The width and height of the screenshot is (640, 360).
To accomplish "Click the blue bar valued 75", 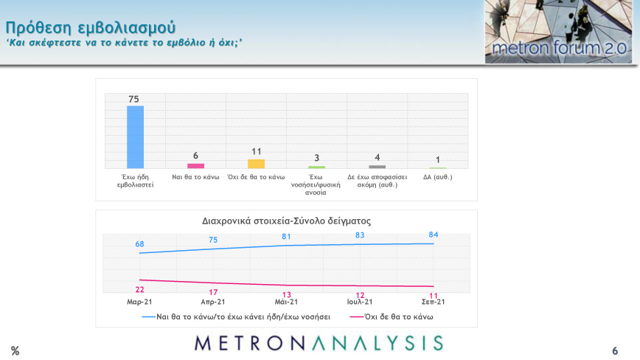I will [x=135, y=137].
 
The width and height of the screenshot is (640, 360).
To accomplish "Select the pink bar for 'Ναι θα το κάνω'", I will [x=195, y=166].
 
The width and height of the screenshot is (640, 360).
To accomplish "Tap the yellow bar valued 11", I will [x=256, y=164].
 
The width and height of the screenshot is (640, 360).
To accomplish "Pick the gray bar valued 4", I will [x=377, y=167].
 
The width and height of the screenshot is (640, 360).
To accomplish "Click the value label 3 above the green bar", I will [x=316, y=158].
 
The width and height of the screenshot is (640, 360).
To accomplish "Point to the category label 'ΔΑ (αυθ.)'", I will [x=437, y=177].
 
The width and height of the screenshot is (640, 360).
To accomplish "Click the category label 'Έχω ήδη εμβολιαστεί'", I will [x=135, y=181].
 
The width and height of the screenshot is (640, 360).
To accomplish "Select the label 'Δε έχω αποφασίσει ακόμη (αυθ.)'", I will [x=377, y=181].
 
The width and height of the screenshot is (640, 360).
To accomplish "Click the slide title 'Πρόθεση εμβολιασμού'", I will [x=91, y=28].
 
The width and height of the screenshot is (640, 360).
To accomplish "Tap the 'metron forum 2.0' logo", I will [x=558, y=32].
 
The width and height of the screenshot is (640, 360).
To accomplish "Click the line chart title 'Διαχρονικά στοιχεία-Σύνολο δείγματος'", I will [x=286, y=221].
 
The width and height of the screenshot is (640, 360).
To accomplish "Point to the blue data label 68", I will [x=139, y=244].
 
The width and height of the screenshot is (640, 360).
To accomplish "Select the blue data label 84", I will [x=434, y=235].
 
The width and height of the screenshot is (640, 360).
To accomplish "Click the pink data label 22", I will [x=139, y=290].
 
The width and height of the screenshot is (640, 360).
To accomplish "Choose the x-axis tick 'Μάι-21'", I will [x=286, y=302].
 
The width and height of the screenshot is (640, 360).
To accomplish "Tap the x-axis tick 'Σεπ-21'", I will [x=434, y=302].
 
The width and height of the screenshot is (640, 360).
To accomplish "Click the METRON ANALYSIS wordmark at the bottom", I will [x=319, y=343].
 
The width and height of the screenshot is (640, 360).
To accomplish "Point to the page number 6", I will [x=615, y=351].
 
